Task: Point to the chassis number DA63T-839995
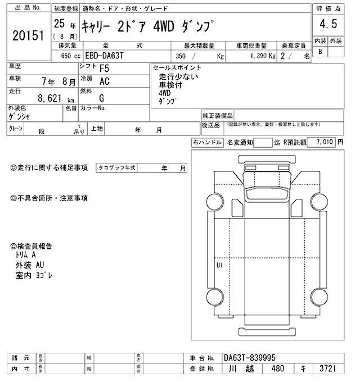click(x=250, y=357)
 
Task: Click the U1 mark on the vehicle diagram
click(x=219, y=265)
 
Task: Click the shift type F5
click(x=104, y=69)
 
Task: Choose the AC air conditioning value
click(x=104, y=81)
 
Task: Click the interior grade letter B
click(x=320, y=52)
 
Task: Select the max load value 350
click(x=181, y=56)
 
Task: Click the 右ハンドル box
click(x=207, y=143)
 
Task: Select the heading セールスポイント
click(x=177, y=67)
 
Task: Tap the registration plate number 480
click(x=277, y=370)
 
